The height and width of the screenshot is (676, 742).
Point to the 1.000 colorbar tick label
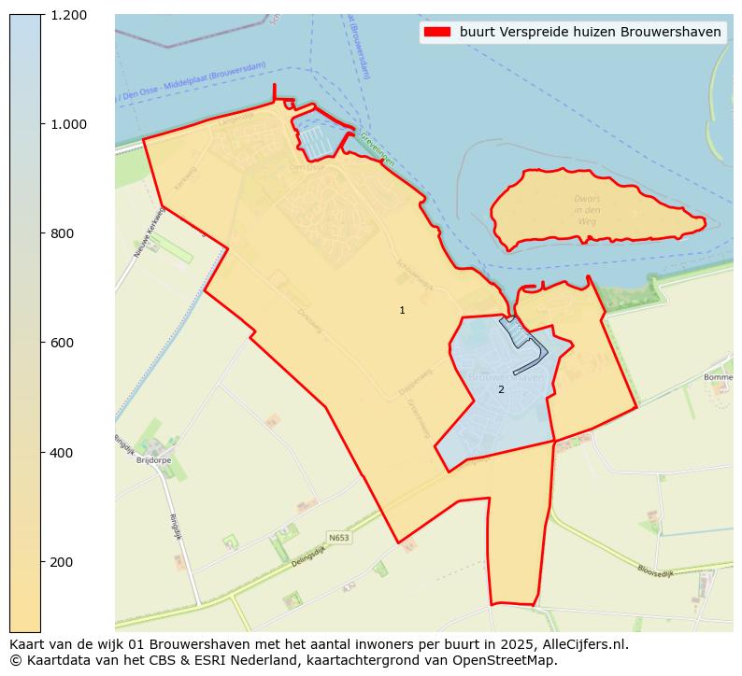point(70,124)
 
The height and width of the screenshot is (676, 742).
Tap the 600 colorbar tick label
point(63,343)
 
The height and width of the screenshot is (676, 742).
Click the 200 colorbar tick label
point(63,562)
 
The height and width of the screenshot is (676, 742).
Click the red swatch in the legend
point(436,32)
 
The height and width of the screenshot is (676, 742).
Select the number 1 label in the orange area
point(402,310)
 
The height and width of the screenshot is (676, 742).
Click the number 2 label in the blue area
point(501,389)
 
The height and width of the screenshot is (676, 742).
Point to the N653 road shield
point(338,538)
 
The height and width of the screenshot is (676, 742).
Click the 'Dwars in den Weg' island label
point(587,210)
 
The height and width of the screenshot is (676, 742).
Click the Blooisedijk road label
point(655,569)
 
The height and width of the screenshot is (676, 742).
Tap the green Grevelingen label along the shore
point(378,148)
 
